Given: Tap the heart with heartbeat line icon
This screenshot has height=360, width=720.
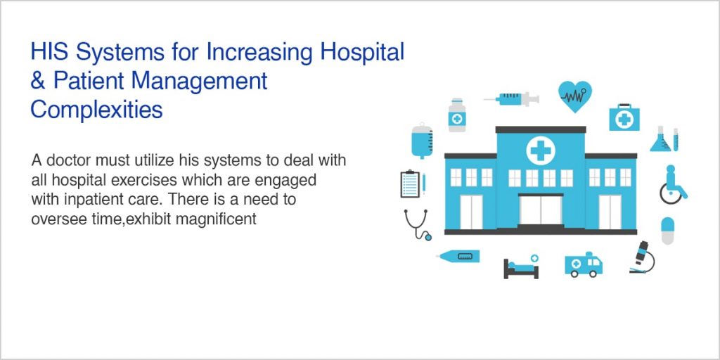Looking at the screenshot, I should tap(574, 96).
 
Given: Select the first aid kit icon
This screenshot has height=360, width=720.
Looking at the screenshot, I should tap(624, 117).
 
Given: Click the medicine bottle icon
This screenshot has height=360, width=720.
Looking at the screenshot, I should tap(457, 115).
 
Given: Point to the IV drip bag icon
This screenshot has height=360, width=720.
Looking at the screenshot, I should tap(422, 140).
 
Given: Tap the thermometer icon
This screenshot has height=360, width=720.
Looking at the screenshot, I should tap(458, 257).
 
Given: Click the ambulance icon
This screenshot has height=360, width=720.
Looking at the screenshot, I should tap(584, 264).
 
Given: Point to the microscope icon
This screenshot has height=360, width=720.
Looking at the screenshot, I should tap(641, 257).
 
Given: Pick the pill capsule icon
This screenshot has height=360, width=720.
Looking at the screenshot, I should tap(667, 230).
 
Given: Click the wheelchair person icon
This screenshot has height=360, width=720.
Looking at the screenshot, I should tap(672, 184).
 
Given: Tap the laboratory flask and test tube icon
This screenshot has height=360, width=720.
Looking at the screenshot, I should tap(664, 139).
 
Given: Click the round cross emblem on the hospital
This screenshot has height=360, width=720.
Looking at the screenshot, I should tap(540, 150).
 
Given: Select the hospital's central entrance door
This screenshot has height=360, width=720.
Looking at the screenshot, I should tap(541, 209).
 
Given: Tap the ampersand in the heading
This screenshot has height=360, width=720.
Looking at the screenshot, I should tap(37, 81).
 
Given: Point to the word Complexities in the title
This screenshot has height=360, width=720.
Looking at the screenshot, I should tap(96, 110).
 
